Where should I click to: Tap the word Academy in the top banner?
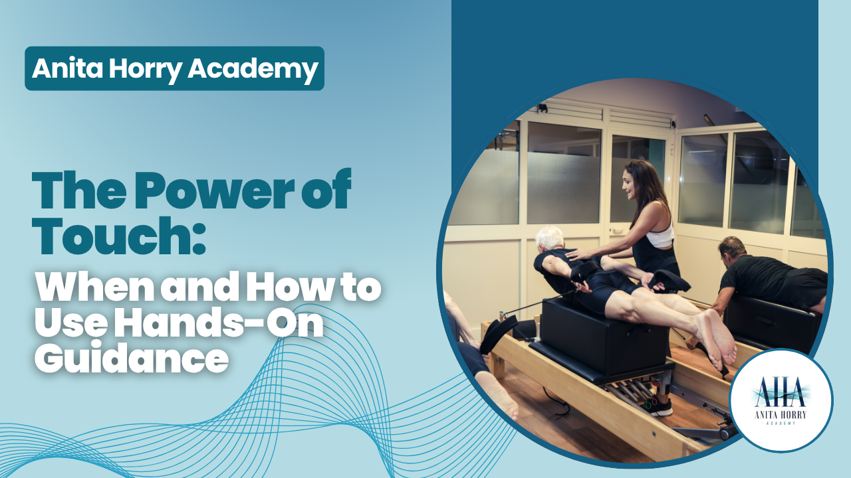click(x=253, y=68)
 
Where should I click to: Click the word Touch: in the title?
click(x=118, y=236)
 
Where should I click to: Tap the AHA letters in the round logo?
click(x=779, y=392)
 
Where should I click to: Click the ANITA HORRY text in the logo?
click(x=780, y=414)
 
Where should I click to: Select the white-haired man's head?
click(x=550, y=240)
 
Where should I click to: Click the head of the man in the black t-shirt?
click(x=732, y=252)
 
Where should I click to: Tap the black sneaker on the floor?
click(x=660, y=407)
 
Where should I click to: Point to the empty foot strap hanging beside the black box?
click(x=499, y=334)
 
